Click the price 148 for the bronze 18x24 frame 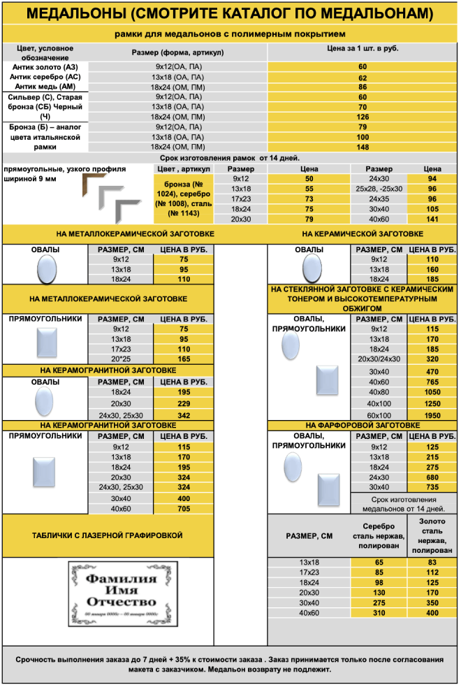point(363,147)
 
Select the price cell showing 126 point(363,117)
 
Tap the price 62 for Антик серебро point(363,78)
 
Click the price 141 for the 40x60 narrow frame point(432,219)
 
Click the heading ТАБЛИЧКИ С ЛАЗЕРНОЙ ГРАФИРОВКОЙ point(108,535)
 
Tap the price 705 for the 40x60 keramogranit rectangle point(184,508)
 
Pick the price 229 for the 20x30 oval point(184,404)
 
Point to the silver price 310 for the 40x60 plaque point(379,613)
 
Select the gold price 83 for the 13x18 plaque point(432,562)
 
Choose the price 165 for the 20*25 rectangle point(184,359)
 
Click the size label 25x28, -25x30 point(379,189)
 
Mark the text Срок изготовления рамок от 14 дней point(230,159)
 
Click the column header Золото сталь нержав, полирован point(432,536)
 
